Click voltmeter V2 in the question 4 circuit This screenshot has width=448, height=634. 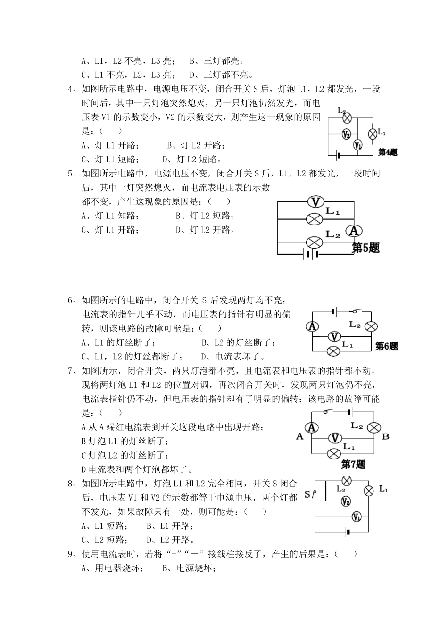click(346, 134)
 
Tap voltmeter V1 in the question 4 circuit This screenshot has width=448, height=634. click(358, 145)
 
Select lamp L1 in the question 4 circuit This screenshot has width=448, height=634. click(372, 133)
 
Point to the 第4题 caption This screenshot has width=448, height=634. click(388, 152)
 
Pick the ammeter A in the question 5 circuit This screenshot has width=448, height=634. click(354, 231)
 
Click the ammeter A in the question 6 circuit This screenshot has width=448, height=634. click(312, 326)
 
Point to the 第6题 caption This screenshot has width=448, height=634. click(387, 346)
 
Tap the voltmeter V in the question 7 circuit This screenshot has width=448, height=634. click(335, 438)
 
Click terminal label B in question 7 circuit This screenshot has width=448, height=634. click(385, 436)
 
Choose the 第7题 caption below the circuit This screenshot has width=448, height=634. click(353, 465)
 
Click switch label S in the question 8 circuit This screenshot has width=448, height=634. click(307, 494)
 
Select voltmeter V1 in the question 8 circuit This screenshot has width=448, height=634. click(357, 517)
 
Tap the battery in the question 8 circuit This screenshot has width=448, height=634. click(348, 532)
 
